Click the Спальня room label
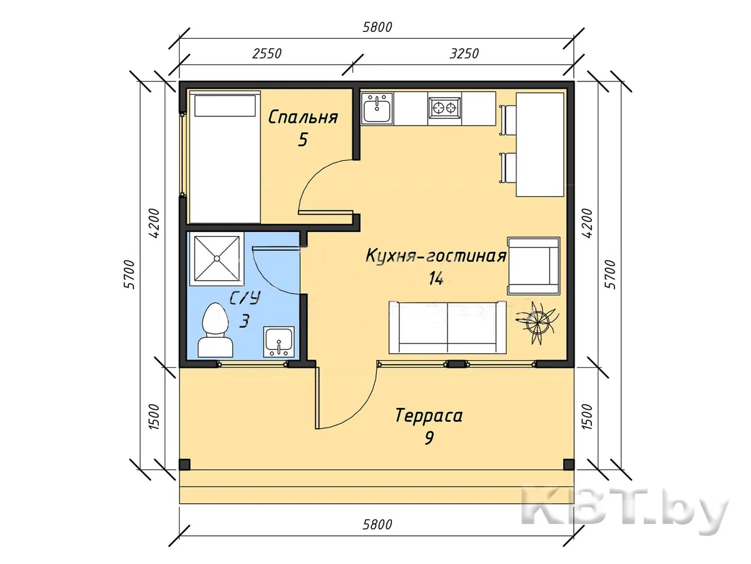click(303, 117)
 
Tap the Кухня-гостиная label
click(436, 256)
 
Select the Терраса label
click(429, 415)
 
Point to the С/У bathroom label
click(245, 298)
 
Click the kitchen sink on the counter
click(377, 108)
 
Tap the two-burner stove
click(444, 108)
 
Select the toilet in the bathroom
click(215, 330)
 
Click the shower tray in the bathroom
click(217, 258)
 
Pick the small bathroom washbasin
click(279, 342)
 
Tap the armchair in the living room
click(534, 266)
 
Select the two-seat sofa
click(447, 327)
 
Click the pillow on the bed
click(225, 106)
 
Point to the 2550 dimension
click(267, 54)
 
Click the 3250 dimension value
click(464, 54)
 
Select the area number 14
click(436, 278)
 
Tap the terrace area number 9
click(429, 437)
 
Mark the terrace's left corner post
click(185, 464)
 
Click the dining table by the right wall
click(539, 144)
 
